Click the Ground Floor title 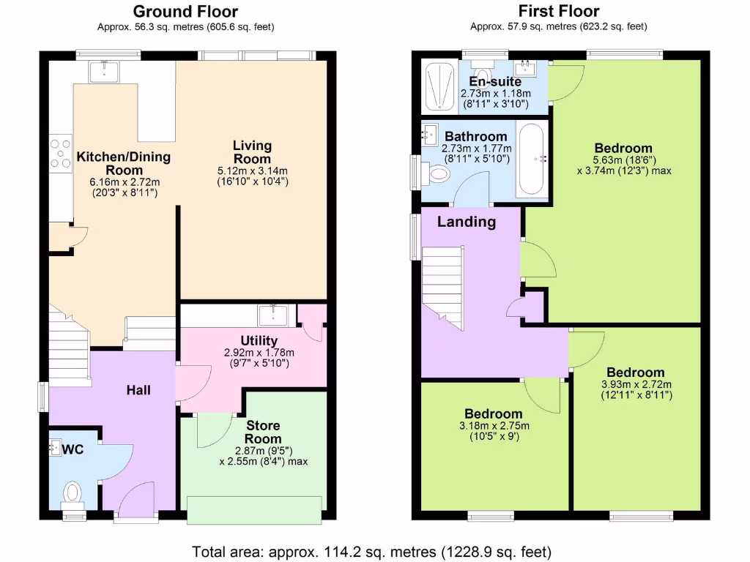pos(186,11)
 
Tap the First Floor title pos(558,11)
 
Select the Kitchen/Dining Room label pos(124,163)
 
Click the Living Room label pos(252,152)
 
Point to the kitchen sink pos(103,71)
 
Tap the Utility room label pos(259,340)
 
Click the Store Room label pos(263,432)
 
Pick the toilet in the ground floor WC pos(73,492)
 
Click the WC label pos(73,449)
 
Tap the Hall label pos(138,390)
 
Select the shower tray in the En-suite pos(438,87)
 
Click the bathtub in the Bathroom pos(531,159)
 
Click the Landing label pos(467,222)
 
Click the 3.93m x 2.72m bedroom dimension pos(636,384)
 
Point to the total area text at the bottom pos(371,551)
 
